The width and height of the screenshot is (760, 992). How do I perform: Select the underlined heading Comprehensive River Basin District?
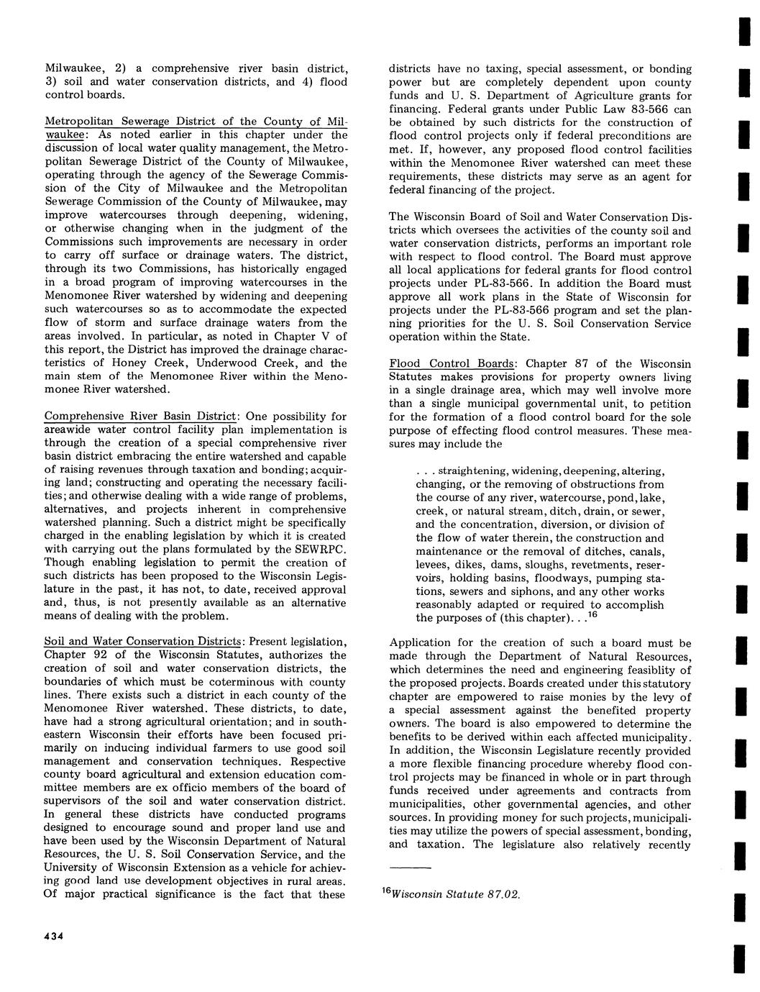click(x=140, y=417)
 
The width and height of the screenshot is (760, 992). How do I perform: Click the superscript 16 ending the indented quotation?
click(x=593, y=616)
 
